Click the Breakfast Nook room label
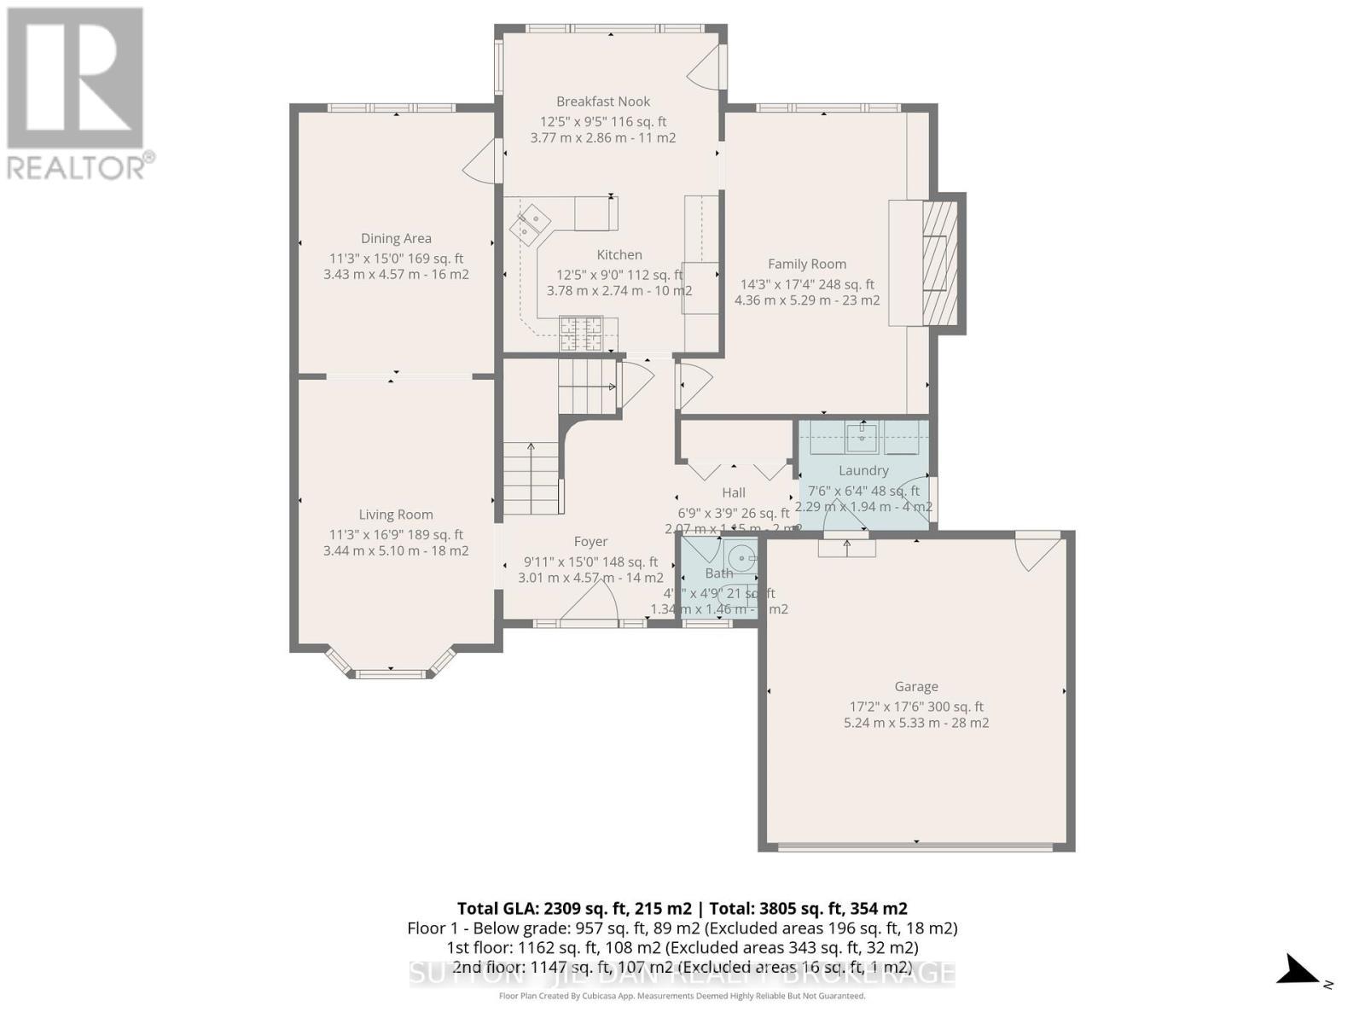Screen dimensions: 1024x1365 point(603,102)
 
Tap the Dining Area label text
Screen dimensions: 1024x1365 point(396,239)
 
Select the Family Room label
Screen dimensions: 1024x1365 point(806,265)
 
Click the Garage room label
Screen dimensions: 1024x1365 point(916,687)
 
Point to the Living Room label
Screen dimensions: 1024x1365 point(396,515)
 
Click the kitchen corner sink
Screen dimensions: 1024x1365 point(530,224)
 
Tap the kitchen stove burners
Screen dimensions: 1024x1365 point(581,334)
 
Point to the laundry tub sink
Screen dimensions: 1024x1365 point(863,438)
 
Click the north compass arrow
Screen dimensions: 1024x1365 point(1301,971)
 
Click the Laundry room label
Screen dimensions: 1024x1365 point(863,471)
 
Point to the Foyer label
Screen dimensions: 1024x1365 point(590,542)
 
